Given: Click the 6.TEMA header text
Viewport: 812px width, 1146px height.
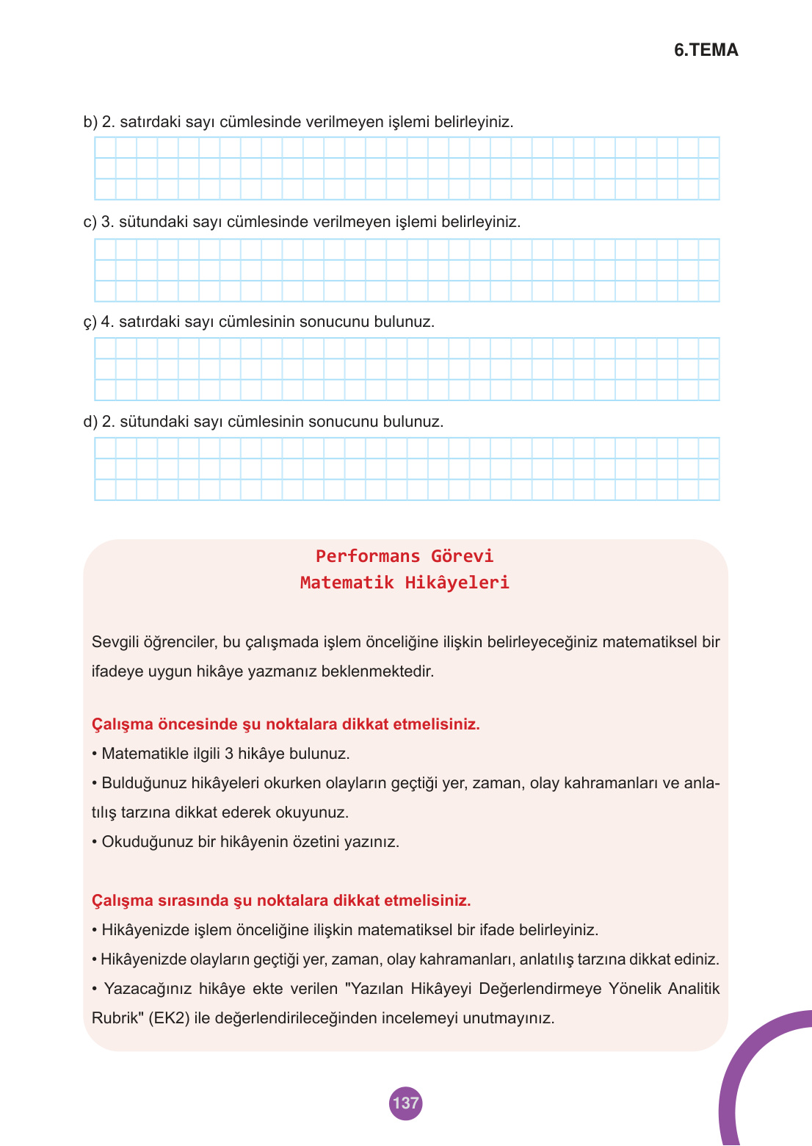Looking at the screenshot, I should [x=706, y=50].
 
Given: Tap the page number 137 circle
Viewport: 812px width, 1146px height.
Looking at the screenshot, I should [x=405, y=1103].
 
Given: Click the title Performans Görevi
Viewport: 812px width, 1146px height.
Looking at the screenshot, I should [x=405, y=556].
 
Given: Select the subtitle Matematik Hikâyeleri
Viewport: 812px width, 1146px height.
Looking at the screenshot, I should [x=405, y=583].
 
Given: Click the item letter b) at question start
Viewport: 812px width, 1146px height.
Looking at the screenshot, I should [x=90, y=122].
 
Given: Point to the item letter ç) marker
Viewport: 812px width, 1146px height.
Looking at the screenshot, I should [x=90, y=322].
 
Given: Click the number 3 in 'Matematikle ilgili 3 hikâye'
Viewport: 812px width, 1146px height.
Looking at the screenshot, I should [x=229, y=754].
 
